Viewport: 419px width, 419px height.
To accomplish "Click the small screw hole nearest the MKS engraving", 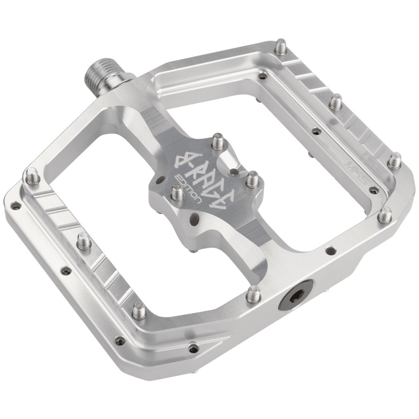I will pos(374,190).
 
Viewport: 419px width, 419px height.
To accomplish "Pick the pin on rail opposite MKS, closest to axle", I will pos(32,177).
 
